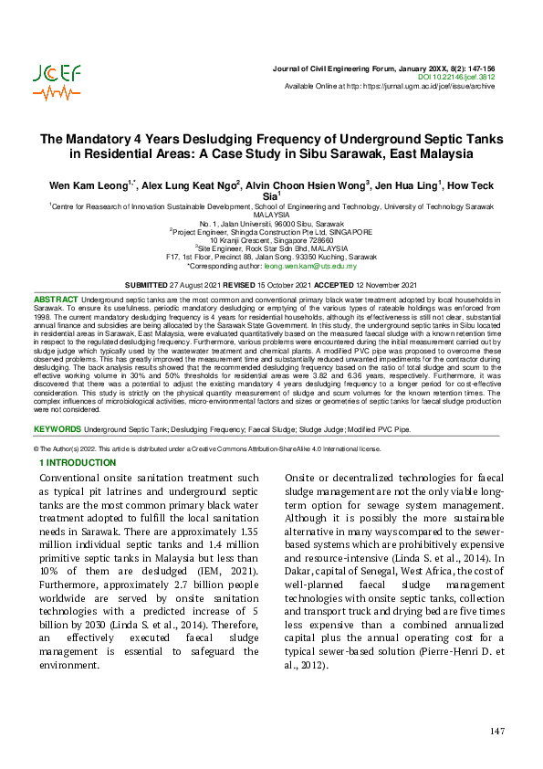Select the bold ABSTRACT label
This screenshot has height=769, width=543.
click(56, 300)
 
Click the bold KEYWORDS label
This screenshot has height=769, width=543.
click(57, 428)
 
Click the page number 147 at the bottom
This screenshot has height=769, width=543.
click(497, 732)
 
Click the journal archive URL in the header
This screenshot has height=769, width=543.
click(429, 87)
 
